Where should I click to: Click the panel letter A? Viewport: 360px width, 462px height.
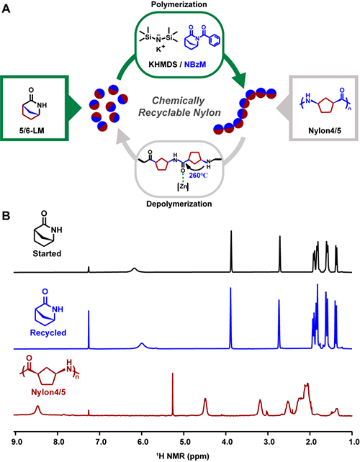tap(6, 9)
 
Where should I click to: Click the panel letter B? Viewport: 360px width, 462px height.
tap(6, 216)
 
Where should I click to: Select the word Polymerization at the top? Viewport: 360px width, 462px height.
tap(179, 4)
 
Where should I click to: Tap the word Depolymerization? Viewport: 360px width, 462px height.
tap(179, 204)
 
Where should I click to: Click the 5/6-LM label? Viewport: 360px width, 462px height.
tap(32, 130)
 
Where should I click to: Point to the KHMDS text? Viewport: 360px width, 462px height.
tap(163, 64)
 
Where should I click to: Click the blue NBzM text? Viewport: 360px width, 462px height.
tap(195, 64)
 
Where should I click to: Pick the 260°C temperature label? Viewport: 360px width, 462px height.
tap(199, 176)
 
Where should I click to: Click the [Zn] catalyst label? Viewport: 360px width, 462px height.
tap(183, 186)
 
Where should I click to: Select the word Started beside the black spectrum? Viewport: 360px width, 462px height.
tap(47, 253)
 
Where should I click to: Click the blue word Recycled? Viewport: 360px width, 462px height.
tap(48, 332)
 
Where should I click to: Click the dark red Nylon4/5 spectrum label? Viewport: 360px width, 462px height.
tap(48, 392)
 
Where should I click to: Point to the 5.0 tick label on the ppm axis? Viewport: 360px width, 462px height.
tap(184, 442)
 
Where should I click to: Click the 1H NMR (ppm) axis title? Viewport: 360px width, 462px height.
tap(183, 456)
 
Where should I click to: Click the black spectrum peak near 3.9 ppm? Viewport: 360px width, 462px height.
tap(231, 251)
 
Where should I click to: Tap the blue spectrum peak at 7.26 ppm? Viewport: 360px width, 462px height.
tap(89, 330)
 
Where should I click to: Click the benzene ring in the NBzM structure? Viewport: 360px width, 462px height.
tap(215, 40)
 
